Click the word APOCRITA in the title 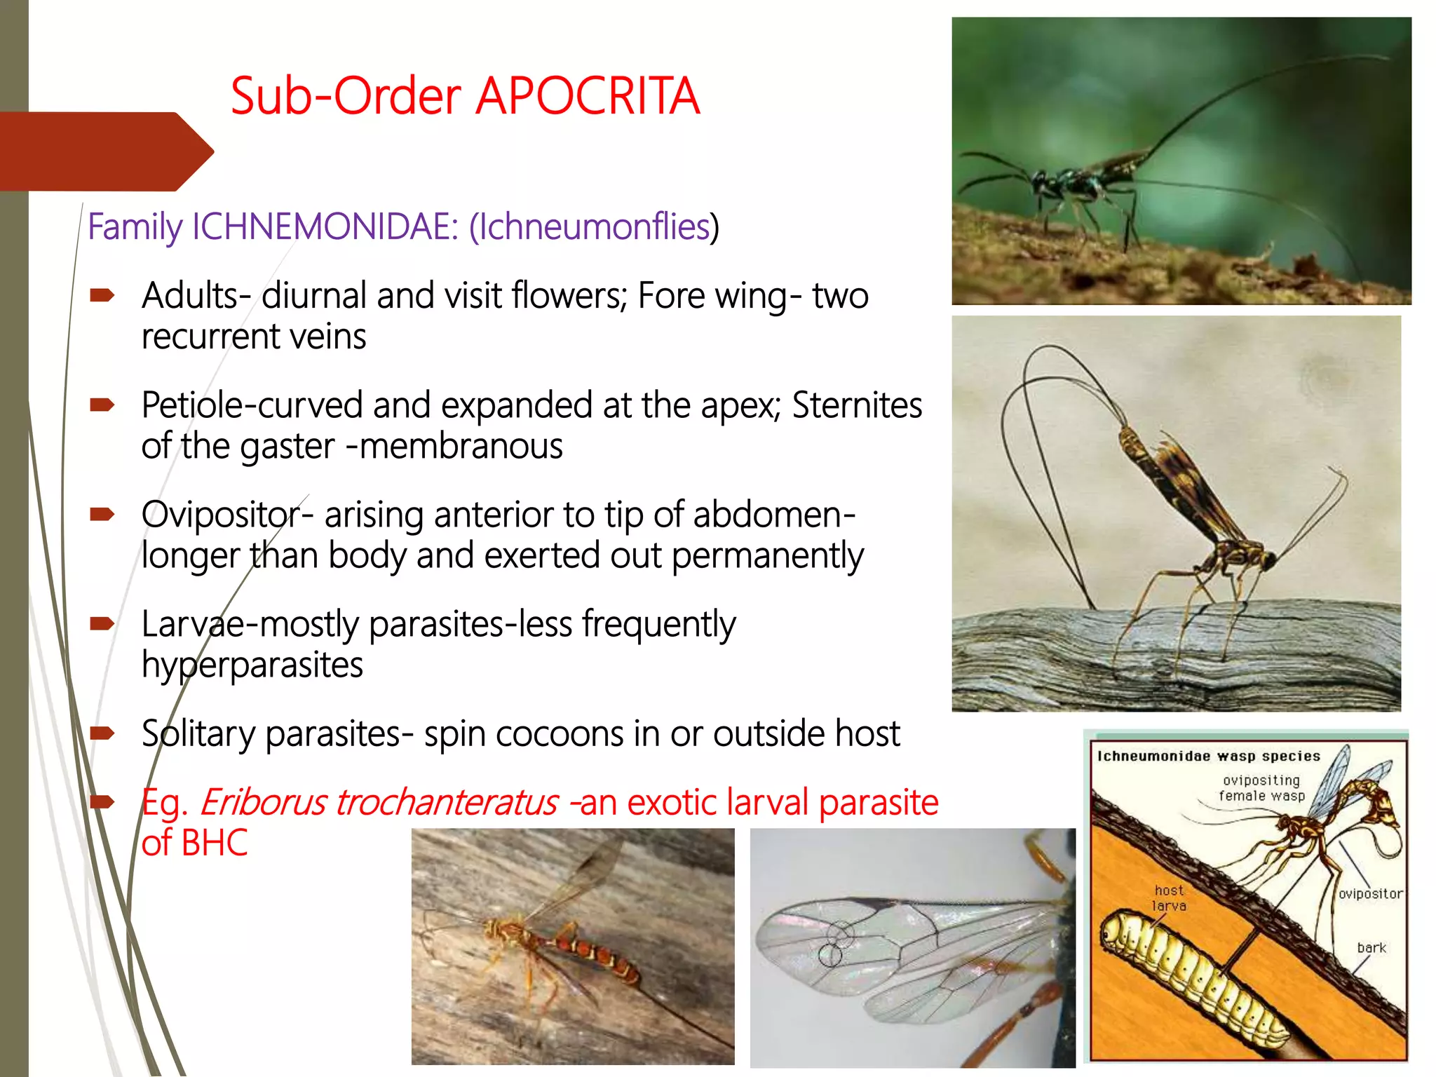(x=588, y=96)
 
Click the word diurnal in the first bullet (x=315, y=295)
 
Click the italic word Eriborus (x=263, y=802)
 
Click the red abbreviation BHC (x=215, y=843)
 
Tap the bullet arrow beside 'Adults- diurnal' (x=102, y=296)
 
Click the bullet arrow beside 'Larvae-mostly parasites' (x=102, y=623)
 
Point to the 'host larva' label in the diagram (x=1169, y=897)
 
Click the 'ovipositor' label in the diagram (x=1370, y=894)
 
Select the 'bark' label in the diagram (x=1371, y=948)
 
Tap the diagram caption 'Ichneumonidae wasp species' (x=1208, y=756)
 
